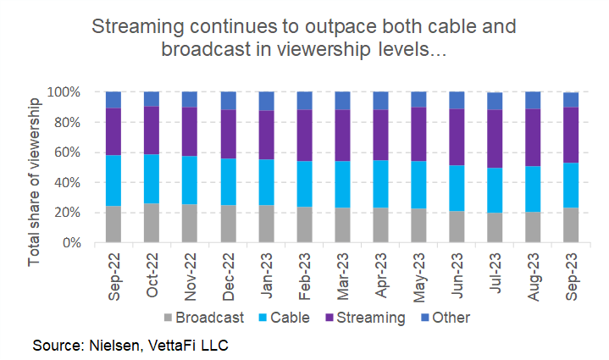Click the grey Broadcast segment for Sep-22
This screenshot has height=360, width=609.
pos(113,224)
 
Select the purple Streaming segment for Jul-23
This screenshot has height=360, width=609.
pos(495,139)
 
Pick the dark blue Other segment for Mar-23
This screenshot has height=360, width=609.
pos(342,101)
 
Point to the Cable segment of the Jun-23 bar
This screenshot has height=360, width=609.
pos(457,188)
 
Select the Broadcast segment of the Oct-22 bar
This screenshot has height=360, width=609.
pos(152,223)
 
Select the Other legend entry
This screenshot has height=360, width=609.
pos(445,318)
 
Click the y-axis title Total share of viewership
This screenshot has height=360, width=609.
pos(35,180)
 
